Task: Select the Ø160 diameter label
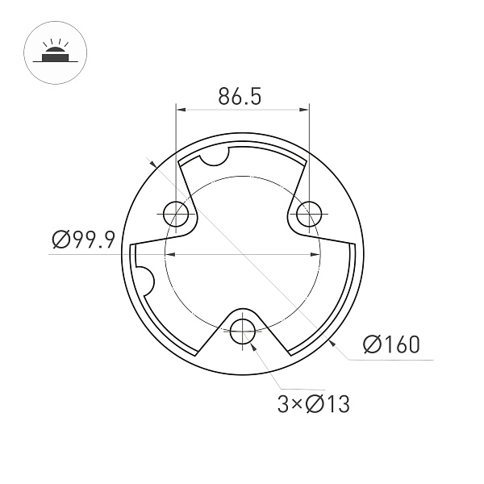(391, 344)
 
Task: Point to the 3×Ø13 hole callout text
(313, 403)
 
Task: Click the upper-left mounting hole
(177, 214)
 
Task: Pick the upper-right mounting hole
(308, 215)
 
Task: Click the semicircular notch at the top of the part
(215, 156)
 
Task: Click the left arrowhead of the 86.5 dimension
(181, 110)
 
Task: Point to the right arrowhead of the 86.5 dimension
(304, 110)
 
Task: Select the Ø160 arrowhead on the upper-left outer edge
(152, 164)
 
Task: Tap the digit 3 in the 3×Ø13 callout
(282, 403)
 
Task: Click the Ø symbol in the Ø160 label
(372, 344)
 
